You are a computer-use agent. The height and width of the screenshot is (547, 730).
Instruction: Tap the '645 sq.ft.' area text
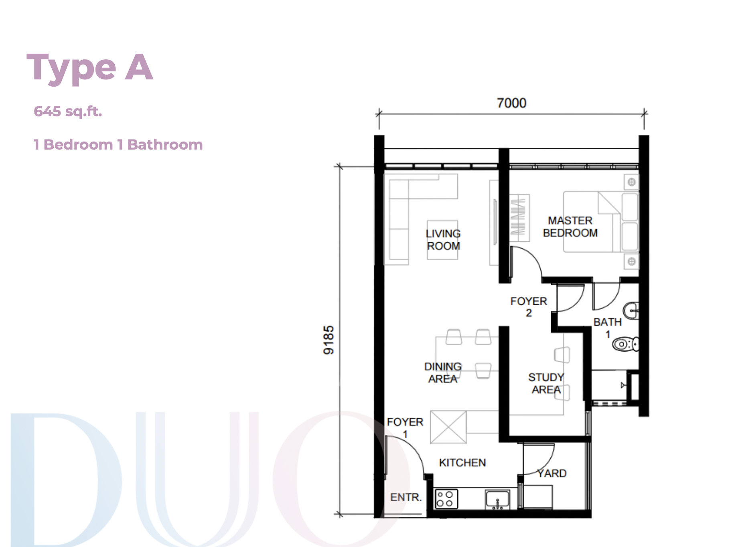point(68,111)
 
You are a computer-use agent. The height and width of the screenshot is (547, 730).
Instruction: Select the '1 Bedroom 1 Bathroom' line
point(118,145)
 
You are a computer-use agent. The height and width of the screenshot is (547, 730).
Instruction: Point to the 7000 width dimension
point(511,103)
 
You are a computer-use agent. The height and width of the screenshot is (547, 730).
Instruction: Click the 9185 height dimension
point(328,340)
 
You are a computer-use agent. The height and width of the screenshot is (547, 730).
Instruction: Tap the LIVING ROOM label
point(443,240)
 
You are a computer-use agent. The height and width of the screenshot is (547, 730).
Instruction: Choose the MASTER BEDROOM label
point(570,227)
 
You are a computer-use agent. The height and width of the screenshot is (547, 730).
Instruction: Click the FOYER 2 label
point(529,307)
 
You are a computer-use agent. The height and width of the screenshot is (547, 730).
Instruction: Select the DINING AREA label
point(443,373)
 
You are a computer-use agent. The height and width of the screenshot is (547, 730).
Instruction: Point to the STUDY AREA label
point(546,383)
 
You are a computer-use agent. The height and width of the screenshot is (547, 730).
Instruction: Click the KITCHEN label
point(462,463)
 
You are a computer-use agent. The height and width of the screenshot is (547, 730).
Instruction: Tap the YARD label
point(552,474)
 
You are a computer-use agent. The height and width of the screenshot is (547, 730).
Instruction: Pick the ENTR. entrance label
point(406,497)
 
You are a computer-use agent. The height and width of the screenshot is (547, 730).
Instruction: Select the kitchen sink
point(497,500)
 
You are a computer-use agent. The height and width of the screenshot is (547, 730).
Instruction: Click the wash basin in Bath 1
point(631,310)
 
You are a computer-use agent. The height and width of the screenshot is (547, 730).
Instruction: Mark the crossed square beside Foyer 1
point(448,427)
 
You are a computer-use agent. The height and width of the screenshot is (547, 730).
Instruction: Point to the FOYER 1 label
point(405,428)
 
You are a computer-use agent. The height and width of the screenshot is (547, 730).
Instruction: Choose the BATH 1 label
point(608,328)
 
